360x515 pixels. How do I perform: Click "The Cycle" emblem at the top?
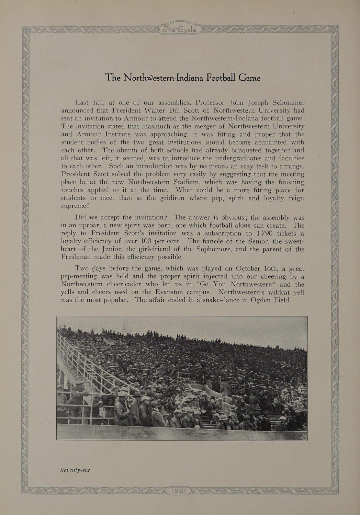[x=180, y=30]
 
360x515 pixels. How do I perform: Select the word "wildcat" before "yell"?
[x=272, y=292]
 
